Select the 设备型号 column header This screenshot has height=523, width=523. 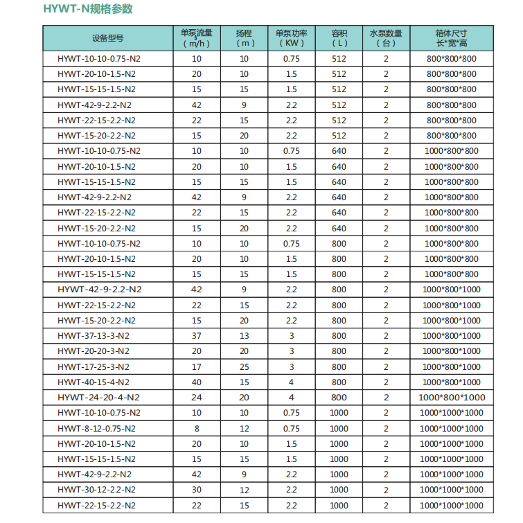click(107, 37)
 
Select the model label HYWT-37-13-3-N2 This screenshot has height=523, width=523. click(94, 336)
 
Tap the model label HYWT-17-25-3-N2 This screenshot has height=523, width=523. click(94, 366)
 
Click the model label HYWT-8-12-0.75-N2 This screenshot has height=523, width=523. click(97, 428)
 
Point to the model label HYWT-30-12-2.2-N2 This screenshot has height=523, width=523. click(97, 490)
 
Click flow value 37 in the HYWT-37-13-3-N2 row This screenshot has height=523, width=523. click(197, 336)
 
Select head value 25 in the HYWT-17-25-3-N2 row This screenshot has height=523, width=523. click(244, 366)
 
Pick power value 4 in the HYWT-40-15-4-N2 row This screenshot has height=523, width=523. click(291, 382)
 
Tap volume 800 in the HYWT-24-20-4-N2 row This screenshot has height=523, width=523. click(339, 398)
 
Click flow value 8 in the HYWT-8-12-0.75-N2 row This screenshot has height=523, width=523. click(197, 428)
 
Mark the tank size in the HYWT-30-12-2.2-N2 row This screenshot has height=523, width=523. click(451, 490)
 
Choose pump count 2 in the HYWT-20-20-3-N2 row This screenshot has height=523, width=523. click(386, 351)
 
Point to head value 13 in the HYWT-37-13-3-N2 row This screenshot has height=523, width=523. click(244, 336)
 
